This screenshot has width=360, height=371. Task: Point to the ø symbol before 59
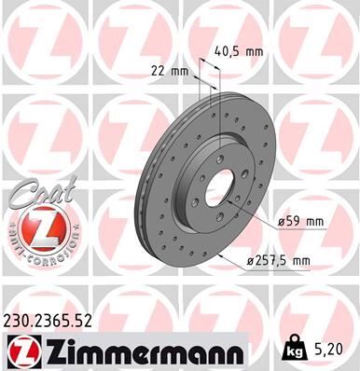click(281, 221)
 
